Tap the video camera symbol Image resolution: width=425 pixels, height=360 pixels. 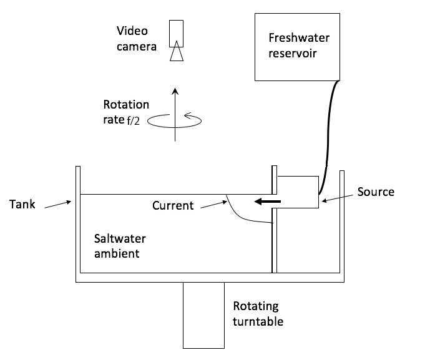click(x=177, y=40)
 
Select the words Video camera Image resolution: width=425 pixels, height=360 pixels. click(x=135, y=37)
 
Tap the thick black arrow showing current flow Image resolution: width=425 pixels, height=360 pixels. click(x=266, y=201)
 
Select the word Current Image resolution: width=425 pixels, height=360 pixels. click(x=173, y=205)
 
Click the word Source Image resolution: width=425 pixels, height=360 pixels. click(x=376, y=192)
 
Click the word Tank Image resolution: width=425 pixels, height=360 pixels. click(x=23, y=203)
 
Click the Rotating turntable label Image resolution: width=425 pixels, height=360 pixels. click(x=258, y=314)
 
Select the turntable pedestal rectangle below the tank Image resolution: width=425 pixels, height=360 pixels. click(x=203, y=315)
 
